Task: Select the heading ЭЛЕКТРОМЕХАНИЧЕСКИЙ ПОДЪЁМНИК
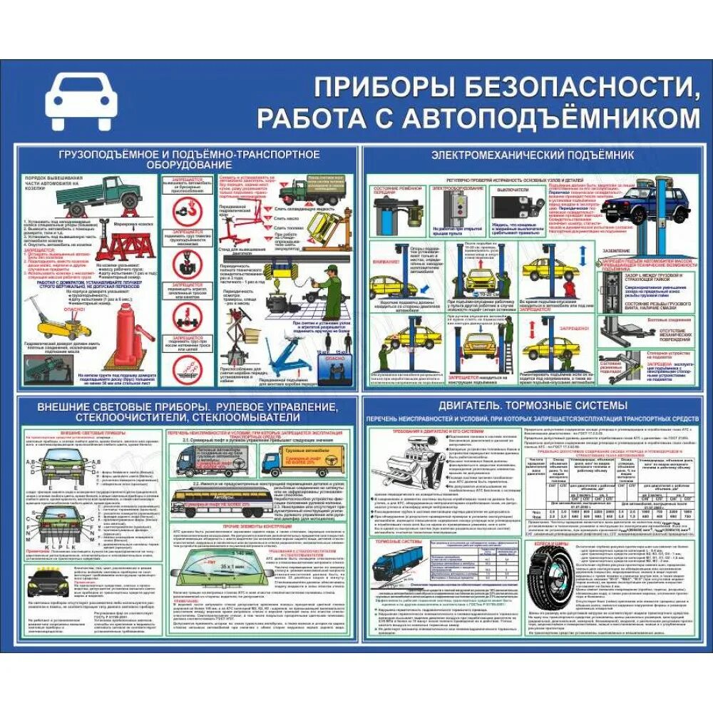[x=533, y=155]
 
